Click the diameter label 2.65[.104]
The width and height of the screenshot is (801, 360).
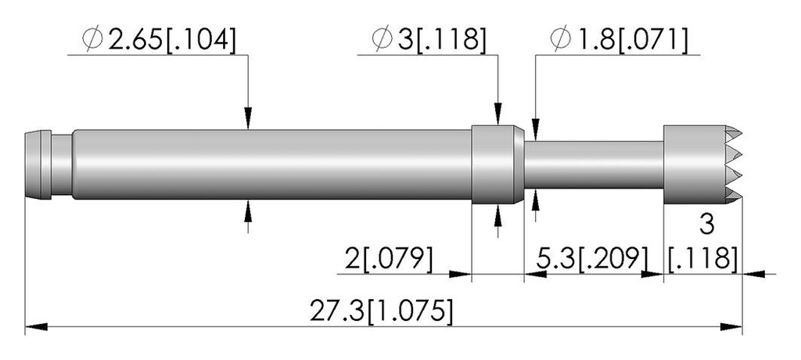coord(159,39)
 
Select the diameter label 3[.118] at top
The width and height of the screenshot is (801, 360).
coord(428,39)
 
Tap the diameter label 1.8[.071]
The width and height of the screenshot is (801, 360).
coord(618,39)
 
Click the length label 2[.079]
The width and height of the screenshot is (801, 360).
coord(388,258)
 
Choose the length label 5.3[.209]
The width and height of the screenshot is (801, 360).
coord(592,258)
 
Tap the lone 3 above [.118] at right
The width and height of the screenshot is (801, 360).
coord(706,225)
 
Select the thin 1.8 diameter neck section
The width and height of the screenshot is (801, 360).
coord(594,164)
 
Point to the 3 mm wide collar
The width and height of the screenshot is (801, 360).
coord(497,164)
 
